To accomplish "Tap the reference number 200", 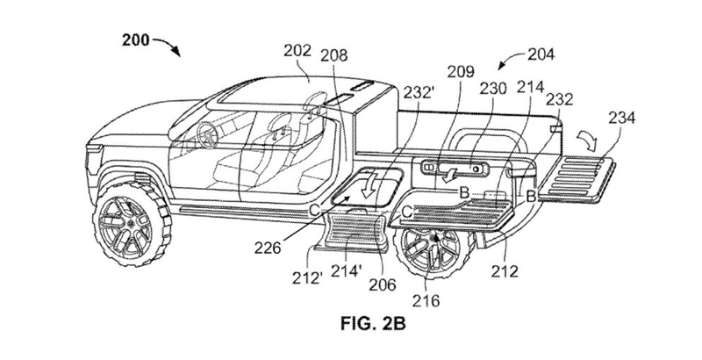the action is pyautogui.click(x=136, y=40).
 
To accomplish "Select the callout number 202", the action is pyautogui.click(x=297, y=51).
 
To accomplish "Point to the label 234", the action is pyautogui.click(x=621, y=119).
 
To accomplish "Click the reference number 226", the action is pyautogui.click(x=268, y=248).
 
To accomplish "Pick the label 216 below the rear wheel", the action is pyautogui.click(x=426, y=300).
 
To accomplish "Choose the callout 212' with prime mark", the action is pyautogui.click(x=308, y=278).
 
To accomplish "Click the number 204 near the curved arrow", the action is pyautogui.click(x=541, y=54).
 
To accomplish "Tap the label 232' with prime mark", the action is pyautogui.click(x=419, y=92).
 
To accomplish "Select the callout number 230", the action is pyautogui.click(x=493, y=89).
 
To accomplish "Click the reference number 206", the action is pyautogui.click(x=383, y=284).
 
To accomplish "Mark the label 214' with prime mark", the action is pyautogui.click(x=345, y=271).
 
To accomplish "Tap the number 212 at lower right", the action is pyautogui.click(x=504, y=271).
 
